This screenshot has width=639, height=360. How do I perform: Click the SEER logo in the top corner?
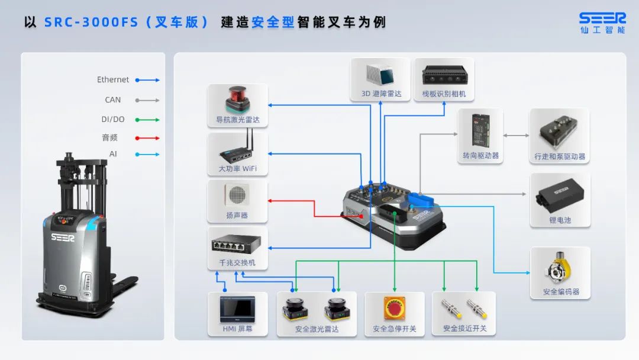pyautogui.click(x=602, y=19)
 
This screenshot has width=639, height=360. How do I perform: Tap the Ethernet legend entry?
pyautogui.click(x=113, y=79)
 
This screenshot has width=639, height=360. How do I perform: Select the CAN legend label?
pyautogui.click(x=113, y=100)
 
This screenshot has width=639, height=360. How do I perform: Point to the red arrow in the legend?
pyautogui.click(x=147, y=138)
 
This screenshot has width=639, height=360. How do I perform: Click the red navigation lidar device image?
pyautogui.click(x=237, y=99)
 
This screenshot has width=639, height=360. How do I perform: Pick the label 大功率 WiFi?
pyautogui.click(x=237, y=169)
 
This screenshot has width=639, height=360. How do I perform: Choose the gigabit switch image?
pyautogui.click(x=237, y=243)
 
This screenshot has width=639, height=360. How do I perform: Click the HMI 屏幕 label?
pyautogui.click(x=237, y=329)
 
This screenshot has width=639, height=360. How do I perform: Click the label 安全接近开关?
pyautogui.click(x=464, y=329)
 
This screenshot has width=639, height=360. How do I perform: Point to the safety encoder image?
pyautogui.click(x=560, y=268)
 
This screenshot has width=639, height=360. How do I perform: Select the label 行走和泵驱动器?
pyautogui.click(x=560, y=157)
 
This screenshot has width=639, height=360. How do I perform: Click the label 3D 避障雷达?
pyautogui.click(x=382, y=94)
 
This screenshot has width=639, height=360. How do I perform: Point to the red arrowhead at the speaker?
pyautogui.click(x=270, y=201)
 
